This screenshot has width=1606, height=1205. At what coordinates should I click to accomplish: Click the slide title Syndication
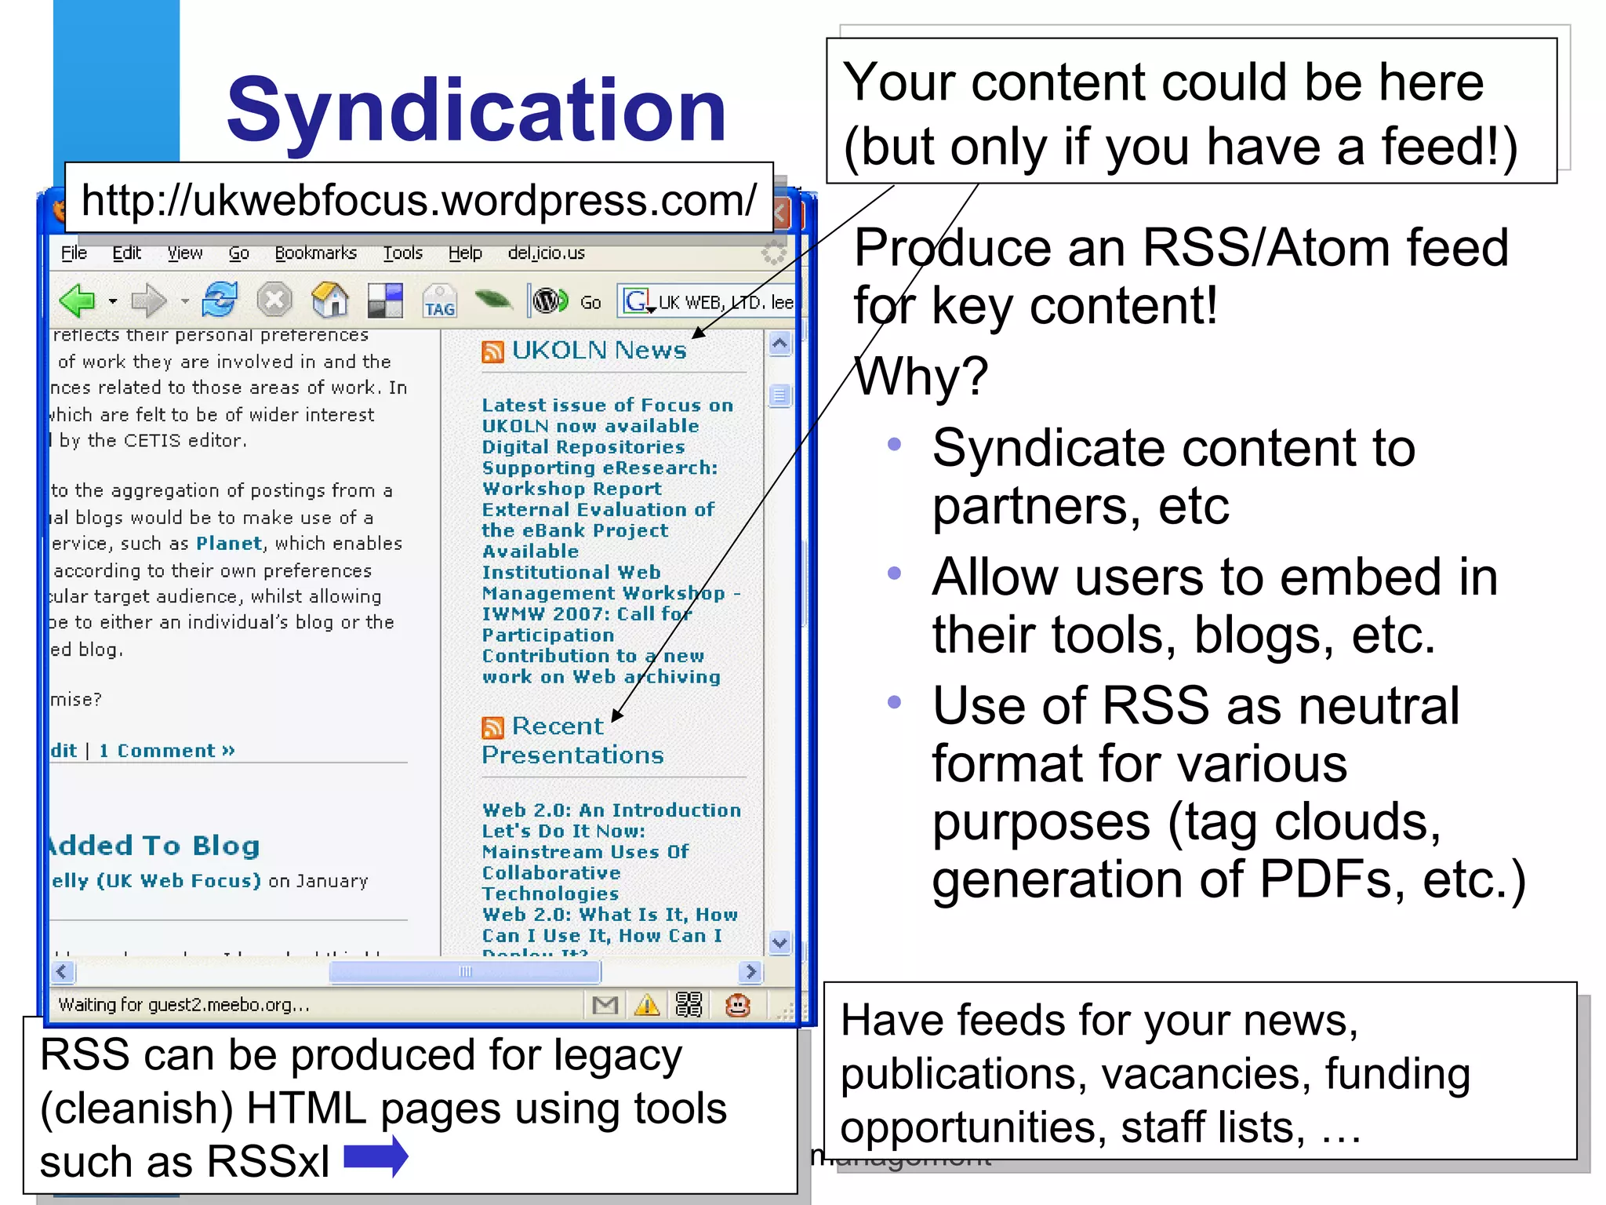tap(476, 110)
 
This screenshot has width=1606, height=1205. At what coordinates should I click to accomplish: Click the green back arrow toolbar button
tap(77, 300)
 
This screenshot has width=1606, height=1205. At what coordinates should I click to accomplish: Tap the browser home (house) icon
tap(330, 300)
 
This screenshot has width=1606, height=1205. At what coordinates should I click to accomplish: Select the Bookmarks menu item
tap(315, 253)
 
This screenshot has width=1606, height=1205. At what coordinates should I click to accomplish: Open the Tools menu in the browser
tap(402, 253)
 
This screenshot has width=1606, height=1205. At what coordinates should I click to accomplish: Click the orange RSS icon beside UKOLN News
tap(492, 352)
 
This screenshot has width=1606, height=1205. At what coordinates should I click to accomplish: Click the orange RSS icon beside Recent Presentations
tap(492, 728)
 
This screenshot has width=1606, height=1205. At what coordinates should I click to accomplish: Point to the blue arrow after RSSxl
tap(376, 1157)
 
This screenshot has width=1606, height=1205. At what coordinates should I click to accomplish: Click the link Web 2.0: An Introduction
tap(611, 810)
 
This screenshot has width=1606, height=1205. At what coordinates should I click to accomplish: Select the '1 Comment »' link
tap(166, 751)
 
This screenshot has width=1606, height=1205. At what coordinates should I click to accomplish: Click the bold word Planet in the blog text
tap(228, 544)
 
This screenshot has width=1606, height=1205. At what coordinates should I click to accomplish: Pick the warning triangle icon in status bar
tap(647, 1005)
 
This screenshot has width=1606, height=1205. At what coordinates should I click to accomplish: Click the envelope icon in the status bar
tap(605, 1005)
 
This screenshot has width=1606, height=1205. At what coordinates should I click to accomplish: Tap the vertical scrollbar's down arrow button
tap(779, 942)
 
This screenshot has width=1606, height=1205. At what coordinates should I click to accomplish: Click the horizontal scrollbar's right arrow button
tap(750, 972)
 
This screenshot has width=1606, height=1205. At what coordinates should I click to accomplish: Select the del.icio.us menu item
tap(546, 253)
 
